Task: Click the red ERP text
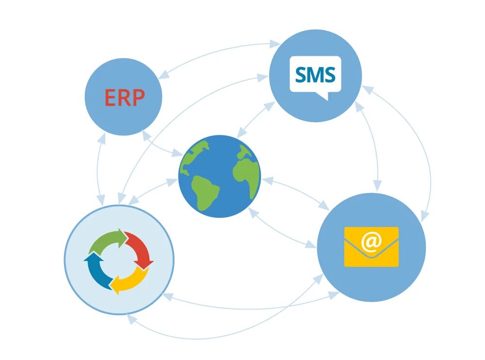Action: pos(124,98)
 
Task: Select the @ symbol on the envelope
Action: pos(371,242)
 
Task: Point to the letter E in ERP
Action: pos(110,98)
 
